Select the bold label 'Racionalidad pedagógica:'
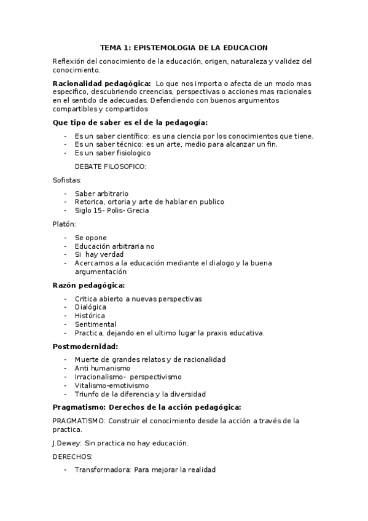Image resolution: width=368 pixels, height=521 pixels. click(x=102, y=83)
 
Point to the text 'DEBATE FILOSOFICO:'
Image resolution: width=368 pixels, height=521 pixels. click(x=111, y=166)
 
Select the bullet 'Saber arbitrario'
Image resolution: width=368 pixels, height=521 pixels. click(x=102, y=194)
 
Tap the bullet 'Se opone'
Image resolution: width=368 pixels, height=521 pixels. click(x=91, y=238)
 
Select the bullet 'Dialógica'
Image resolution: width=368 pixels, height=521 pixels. click(x=91, y=307)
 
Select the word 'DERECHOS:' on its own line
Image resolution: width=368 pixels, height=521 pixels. click(x=73, y=456)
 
